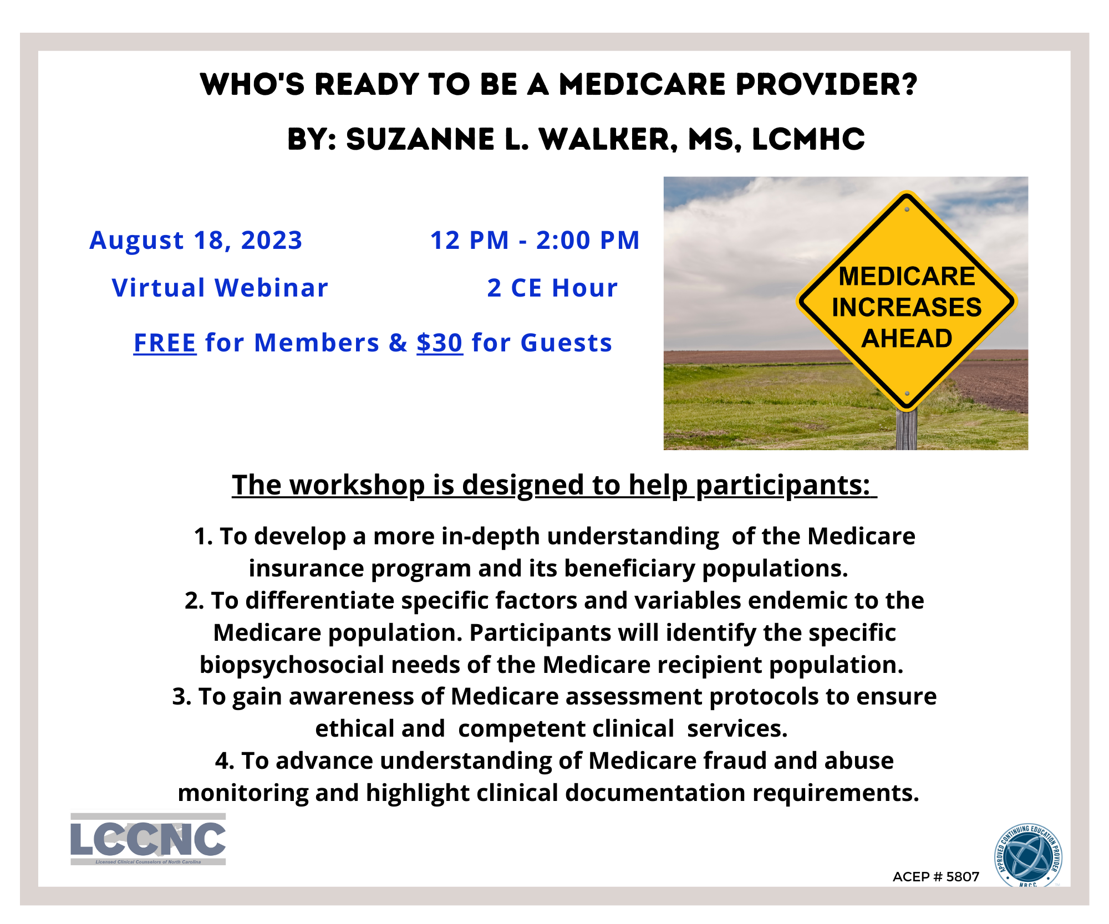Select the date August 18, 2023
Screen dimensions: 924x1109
coord(196,241)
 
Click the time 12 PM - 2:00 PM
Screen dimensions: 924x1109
coord(535,241)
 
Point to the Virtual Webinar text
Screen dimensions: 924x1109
coord(220,288)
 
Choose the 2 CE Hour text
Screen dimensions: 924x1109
coord(552,288)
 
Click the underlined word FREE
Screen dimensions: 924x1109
coord(165,343)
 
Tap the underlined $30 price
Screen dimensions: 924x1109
coord(439,343)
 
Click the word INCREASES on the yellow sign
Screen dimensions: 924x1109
coord(907,307)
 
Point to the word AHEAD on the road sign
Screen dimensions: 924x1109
coord(907,338)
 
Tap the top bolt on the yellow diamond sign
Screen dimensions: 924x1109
coord(907,210)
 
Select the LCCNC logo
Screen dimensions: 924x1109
coord(148,839)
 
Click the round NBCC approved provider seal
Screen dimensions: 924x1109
coord(1029,855)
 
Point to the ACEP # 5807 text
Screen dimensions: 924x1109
coord(935,876)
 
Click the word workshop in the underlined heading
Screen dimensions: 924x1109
coord(357,485)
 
